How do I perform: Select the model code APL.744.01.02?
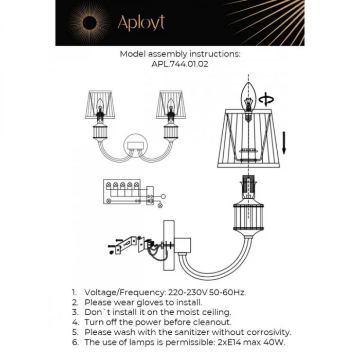click(180, 65)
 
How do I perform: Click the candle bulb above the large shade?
click(249, 100)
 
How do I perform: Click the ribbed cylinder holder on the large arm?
click(249, 219)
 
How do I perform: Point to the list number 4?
click(75, 322)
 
